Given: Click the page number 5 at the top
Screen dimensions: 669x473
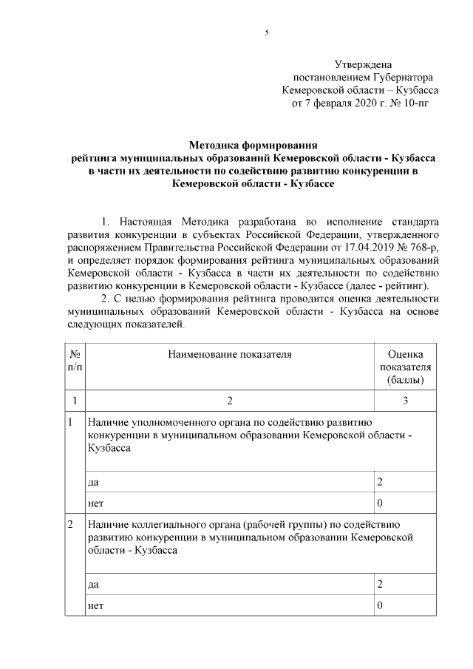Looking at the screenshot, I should pyautogui.click(x=267, y=33).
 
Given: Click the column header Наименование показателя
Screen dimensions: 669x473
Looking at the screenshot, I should pyautogui.click(x=230, y=354).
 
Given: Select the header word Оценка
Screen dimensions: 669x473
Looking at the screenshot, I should pyautogui.click(x=405, y=354).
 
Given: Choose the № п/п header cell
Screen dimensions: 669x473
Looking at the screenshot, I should pyautogui.click(x=75, y=360).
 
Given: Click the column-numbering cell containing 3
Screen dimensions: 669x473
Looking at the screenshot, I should pyautogui.click(x=405, y=401).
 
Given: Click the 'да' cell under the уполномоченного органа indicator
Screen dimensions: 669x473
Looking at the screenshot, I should pyautogui.click(x=94, y=482).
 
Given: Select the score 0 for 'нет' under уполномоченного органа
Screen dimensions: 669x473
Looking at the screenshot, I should pyautogui.click(x=380, y=504).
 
